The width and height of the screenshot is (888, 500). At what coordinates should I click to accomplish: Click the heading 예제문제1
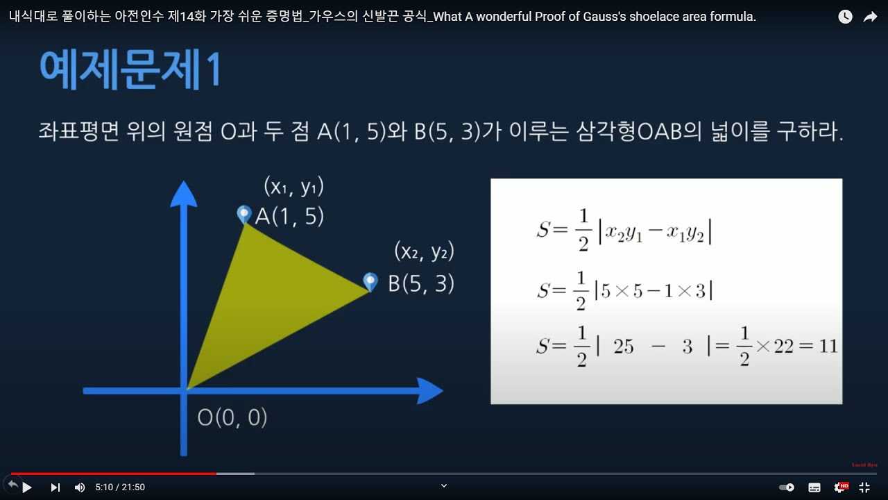pyautogui.click(x=130, y=69)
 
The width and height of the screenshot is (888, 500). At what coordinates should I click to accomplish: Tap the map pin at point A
pyautogui.click(x=244, y=214)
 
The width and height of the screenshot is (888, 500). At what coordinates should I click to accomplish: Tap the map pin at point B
pyautogui.click(x=371, y=281)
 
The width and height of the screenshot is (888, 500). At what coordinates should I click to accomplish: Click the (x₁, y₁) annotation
pyautogui.click(x=294, y=187)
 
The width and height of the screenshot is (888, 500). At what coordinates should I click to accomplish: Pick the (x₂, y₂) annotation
pyautogui.click(x=424, y=251)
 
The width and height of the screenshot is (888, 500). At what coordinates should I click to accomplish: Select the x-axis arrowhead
pyautogui.click(x=430, y=390)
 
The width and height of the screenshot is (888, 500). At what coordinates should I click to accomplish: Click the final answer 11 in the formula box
pyautogui.click(x=828, y=346)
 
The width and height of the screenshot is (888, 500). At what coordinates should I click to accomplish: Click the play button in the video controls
pyautogui.click(x=27, y=487)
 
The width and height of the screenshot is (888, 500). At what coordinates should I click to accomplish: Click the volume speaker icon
pyautogui.click(x=80, y=487)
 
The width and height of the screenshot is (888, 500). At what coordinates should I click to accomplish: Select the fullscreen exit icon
pyautogui.click(x=864, y=487)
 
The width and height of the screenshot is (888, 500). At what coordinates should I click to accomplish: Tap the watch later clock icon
pyautogui.click(x=845, y=17)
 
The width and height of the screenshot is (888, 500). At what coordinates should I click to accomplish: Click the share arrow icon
pyautogui.click(x=870, y=17)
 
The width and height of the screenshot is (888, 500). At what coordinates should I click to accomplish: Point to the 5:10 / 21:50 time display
pyautogui.click(x=120, y=487)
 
